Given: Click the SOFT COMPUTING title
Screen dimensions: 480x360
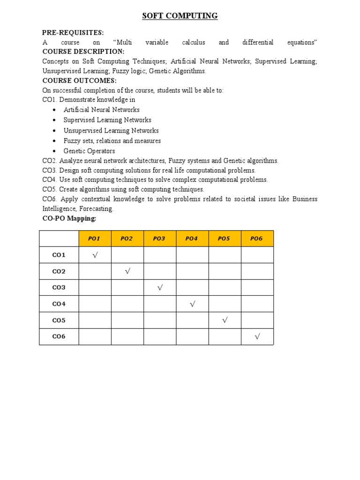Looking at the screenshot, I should click(180, 16).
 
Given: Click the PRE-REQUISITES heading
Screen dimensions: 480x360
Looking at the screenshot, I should click(73, 32).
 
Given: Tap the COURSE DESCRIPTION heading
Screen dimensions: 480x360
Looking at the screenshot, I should click(83, 52).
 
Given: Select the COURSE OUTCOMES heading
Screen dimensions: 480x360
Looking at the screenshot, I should click(79, 81).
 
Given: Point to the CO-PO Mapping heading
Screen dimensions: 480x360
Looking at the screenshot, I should click(69, 218).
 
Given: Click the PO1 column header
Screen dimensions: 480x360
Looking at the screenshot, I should click(95, 239).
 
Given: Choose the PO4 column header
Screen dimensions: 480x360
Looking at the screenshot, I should click(192, 239).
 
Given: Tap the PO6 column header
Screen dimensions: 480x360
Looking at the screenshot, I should click(257, 239).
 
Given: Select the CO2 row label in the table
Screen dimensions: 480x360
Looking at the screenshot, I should click(59, 271).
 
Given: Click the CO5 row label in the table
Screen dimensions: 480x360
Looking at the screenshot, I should click(59, 321).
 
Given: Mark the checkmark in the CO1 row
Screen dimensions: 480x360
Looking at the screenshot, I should click(95, 255).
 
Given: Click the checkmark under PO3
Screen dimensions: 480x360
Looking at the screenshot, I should click(160, 288).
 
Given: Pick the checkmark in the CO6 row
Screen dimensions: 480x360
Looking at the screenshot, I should click(257, 337).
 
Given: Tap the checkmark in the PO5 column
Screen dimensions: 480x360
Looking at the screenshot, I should click(225, 320).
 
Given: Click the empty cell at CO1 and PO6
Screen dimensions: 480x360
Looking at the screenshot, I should click(257, 255).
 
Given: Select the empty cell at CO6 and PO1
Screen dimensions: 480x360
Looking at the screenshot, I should click(95, 337).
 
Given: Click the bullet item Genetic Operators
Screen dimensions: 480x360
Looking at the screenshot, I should click(89, 151).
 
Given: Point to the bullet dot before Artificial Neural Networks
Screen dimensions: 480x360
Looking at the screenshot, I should click(54, 110).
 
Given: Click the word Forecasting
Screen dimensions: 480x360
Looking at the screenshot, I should click(97, 209).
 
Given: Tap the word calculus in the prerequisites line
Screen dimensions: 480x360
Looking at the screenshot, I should click(194, 42).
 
